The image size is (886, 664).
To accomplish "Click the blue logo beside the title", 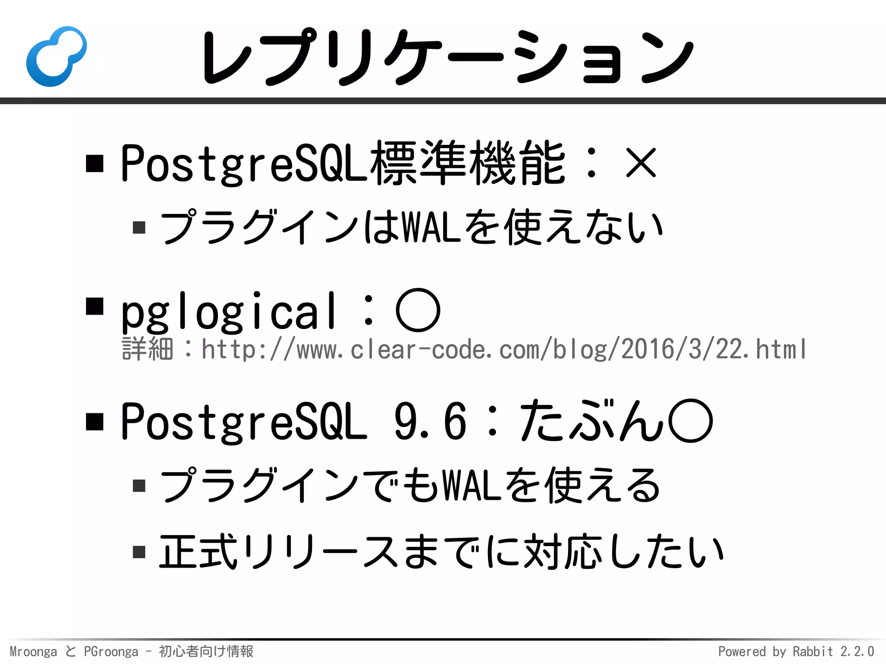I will coord(56,56).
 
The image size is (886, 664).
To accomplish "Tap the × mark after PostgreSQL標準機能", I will coord(641,163).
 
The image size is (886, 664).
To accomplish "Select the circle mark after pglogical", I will coord(418,310).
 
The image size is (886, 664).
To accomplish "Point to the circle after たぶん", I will coord(690,421).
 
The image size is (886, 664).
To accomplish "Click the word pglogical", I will coord(228,311).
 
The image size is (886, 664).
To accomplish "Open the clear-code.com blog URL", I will coord(504,349).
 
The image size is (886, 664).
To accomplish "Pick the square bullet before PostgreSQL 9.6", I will coord(95,421).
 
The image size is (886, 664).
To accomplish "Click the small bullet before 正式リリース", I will coord(139,552).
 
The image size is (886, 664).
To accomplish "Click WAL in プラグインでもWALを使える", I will coord(472,485).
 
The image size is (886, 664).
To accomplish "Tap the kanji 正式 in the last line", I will coord(198,552).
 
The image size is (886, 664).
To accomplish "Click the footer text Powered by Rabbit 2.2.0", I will coord(796,651).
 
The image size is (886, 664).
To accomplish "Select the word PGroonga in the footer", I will coord(111,651).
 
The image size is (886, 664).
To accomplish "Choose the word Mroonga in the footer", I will coord(33,651).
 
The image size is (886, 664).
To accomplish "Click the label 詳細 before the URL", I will coord(148,349).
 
